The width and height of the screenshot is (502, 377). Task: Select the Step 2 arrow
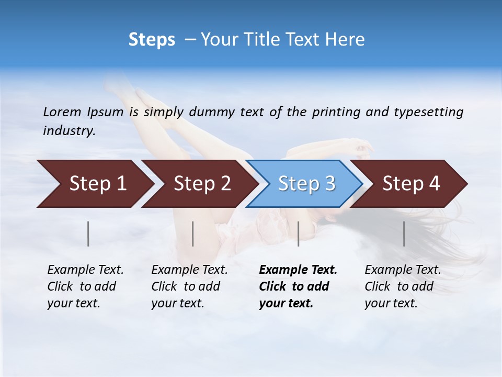tap(201, 184)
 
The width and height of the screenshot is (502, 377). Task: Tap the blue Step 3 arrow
tap(306, 184)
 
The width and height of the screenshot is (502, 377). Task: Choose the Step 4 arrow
tap(410, 184)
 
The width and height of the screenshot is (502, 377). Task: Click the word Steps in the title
tap(152, 40)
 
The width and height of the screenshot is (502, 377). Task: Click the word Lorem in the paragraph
tap(62, 112)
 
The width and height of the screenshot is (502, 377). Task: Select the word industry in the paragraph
tap(69, 131)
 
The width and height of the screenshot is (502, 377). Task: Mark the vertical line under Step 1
tap(88, 234)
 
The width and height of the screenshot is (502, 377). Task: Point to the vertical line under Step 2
tap(193, 234)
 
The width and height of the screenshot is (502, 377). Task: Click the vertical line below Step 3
tap(298, 234)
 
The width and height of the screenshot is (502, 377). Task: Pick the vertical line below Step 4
tap(404, 234)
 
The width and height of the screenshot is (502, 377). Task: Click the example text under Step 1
tap(85, 286)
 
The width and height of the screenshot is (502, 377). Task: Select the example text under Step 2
tap(189, 286)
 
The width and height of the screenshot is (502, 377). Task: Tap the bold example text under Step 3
tap(298, 286)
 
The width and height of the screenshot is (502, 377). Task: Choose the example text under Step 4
tap(402, 286)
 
